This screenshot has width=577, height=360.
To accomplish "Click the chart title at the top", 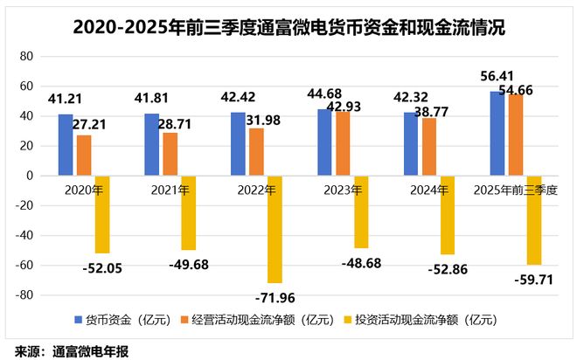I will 288,28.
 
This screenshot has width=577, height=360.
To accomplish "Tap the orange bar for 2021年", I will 170,154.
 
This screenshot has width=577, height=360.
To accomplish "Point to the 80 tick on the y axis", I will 26,56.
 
